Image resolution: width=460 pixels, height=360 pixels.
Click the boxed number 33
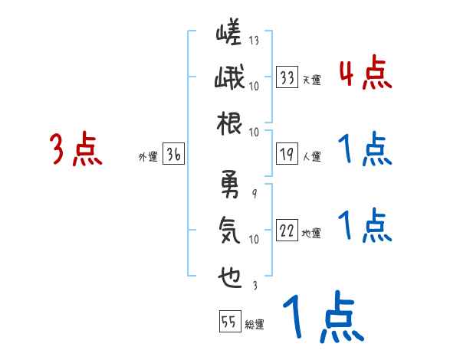[287, 77]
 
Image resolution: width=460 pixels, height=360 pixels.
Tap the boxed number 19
[287, 152]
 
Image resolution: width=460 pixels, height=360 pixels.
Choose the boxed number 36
[173, 154]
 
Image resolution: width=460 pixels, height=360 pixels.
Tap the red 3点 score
[75, 149]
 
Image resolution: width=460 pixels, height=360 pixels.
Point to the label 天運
[311, 80]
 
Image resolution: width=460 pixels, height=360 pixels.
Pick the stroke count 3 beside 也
[253, 286]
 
